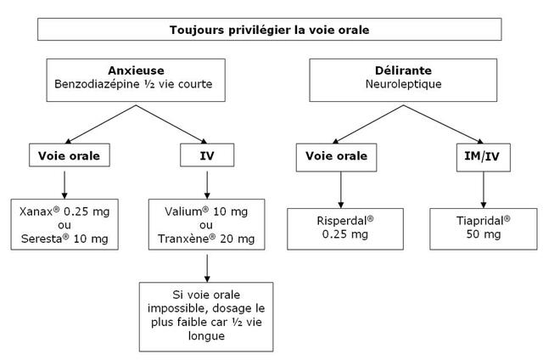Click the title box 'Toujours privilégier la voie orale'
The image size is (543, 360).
pyautogui.click(x=270, y=30)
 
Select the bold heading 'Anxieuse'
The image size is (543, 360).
pyautogui.click(x=136, y=70)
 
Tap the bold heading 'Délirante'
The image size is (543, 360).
pyautogui.click(x=403, y=70)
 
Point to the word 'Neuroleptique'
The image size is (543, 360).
pyautogui.click(x=404, y=84)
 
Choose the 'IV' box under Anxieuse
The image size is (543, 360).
pyautogui.click(x=207, y=155)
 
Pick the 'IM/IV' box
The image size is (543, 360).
pyautogui.click(x=483, y=157)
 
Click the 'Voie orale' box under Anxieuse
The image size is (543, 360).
pyautogui.click(x=70, y=155)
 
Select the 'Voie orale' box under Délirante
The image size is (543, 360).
pyautogui.click(x=336, y=157)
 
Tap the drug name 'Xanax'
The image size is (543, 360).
pyautogui.click(x=36, y=211)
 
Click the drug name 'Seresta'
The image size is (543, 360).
pyautogui.click(x=42, y=239)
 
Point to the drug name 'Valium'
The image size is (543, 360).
pyautogui.click(x=183, y=211)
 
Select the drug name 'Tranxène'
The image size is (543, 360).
pyautogui.click(x=183, y=239)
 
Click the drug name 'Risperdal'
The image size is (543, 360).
pyautogui.click(x=342, y=221)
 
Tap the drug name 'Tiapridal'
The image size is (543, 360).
pyautogui.click(x=479, y=221)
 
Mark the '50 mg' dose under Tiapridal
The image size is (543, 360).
pyautogui.click(x=484, y=234)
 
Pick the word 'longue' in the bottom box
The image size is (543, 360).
pyautogui.click(x=206, y=335)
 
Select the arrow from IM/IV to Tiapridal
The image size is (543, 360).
pyautogui.click(x=484, y=190)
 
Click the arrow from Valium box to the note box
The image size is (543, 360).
pyautogui.click(x=207, y=268)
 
